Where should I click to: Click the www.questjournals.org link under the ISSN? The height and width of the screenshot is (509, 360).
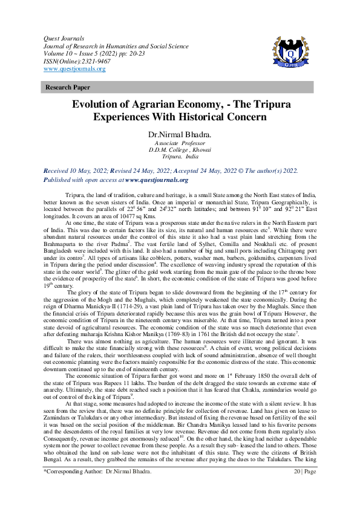(x=74, y=69)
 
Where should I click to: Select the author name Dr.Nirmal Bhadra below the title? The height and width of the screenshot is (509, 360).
(x=180, y=134)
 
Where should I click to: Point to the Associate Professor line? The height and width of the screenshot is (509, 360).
(x=180, y=143)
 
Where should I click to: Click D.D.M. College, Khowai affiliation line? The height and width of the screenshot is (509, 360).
(x=180, y=150)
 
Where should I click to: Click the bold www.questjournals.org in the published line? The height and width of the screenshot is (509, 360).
(x=157, y=180)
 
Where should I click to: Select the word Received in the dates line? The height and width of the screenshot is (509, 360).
(x=58, y=171)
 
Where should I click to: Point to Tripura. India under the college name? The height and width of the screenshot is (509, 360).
(x=180, y=157)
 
